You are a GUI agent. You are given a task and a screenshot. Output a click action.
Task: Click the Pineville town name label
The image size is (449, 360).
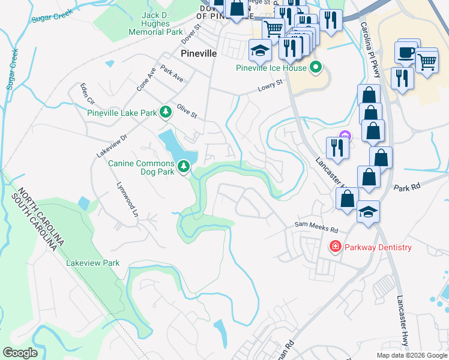[199, 53]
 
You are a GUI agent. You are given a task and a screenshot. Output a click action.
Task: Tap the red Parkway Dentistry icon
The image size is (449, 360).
[335, 247]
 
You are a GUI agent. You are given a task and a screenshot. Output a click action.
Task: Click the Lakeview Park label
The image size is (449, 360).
[93, 263]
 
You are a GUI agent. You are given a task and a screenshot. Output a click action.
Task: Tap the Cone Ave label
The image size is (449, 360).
[146, 79]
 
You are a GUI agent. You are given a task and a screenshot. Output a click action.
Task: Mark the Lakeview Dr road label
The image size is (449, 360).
[112, 146]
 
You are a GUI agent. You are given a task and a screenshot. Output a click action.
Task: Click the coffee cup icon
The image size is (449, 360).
[408, 52]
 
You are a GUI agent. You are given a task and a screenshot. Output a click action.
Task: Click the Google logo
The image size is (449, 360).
[19, 353]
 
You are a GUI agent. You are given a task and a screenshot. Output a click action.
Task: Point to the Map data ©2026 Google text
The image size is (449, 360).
[411, 355]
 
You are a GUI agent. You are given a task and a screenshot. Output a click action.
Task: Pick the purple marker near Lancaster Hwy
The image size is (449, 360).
[345, 136]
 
